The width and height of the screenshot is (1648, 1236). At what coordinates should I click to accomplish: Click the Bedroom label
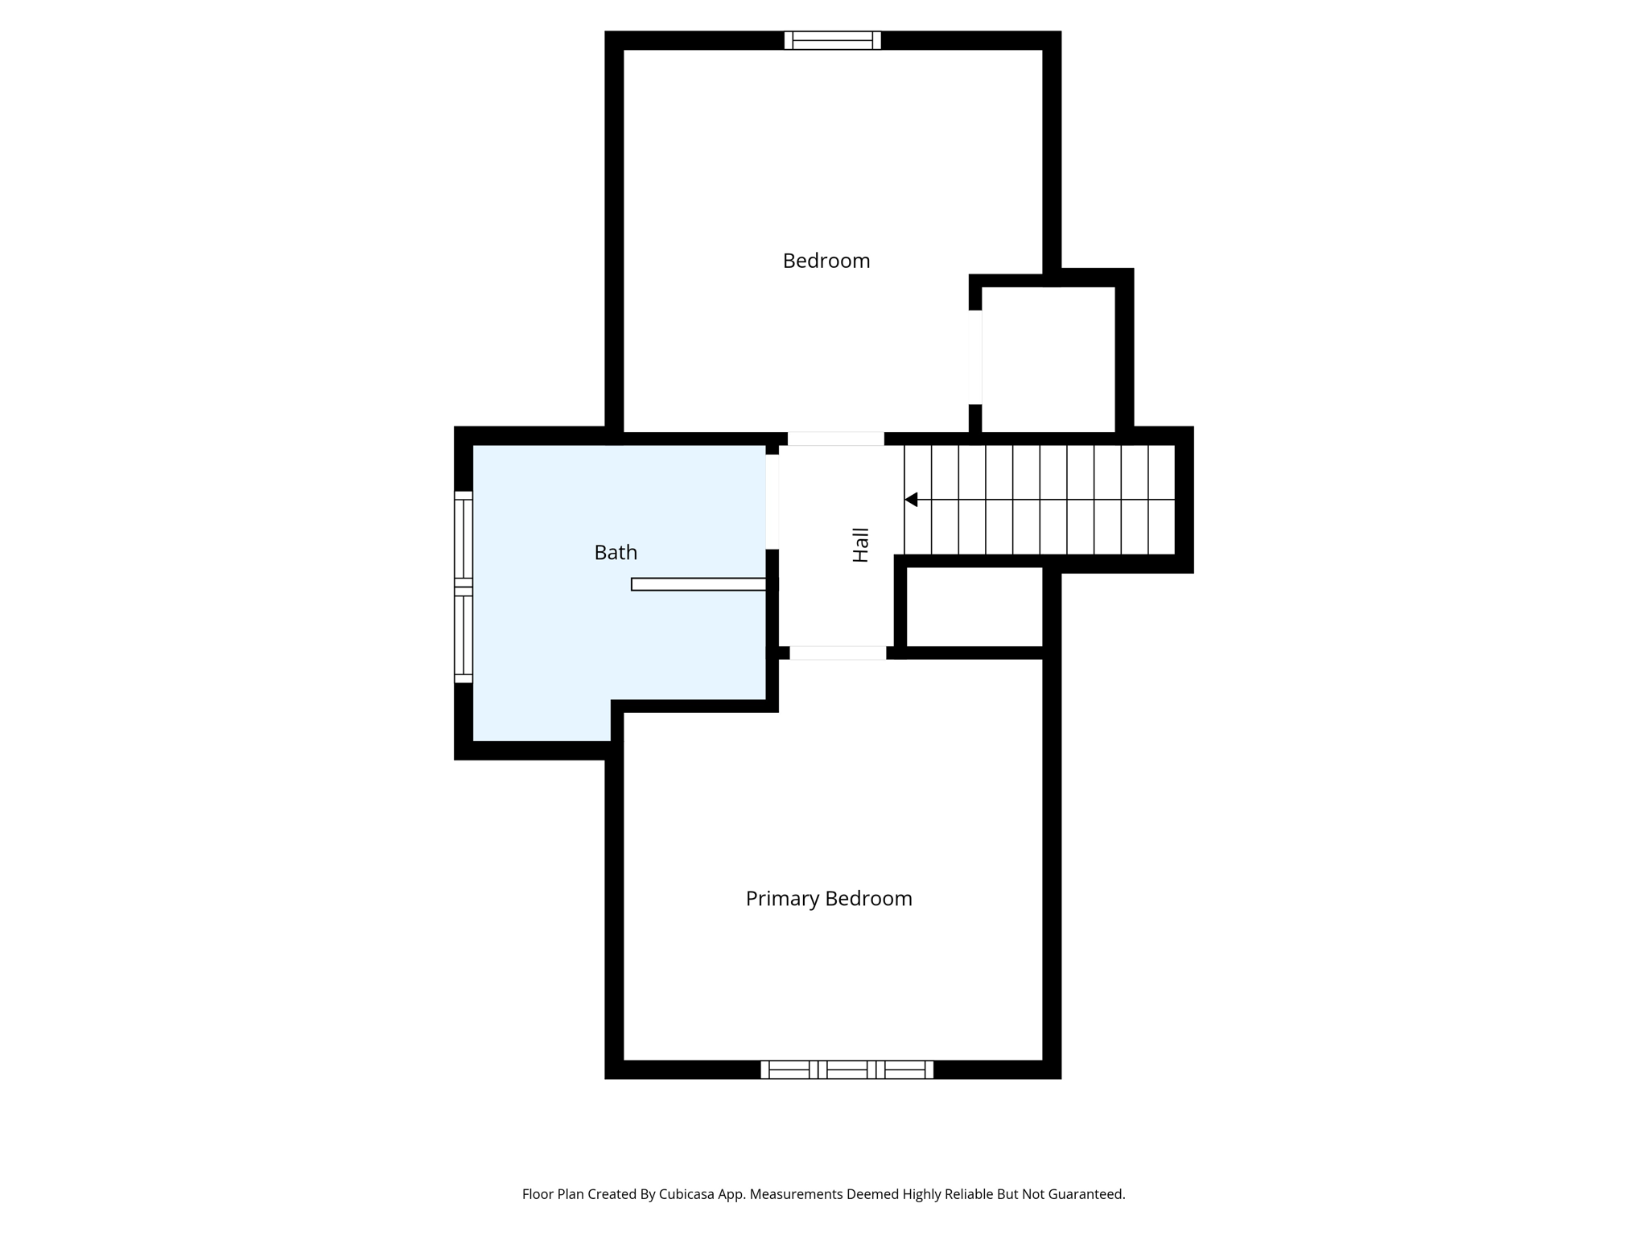pyautogui.click(x=826, y=261)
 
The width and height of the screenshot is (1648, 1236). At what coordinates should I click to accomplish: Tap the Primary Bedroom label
pyautogui.click(x=829, y=899)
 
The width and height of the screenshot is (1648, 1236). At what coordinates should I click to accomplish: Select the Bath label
pyautogui.click(x=616, y=553)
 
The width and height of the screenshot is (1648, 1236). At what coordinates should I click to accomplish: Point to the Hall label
pyautogui.click(x=861, y=545)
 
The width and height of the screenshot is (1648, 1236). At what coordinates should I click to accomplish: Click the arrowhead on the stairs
pyautogui.click(x=911, y=500)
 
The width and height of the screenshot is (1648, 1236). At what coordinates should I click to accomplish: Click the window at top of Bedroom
pyautogui.click(x=833, y=40)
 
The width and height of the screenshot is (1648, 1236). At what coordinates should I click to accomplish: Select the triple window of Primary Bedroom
pyautogui.click(x=847, y=1069)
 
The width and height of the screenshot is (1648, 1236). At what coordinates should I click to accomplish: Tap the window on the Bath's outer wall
pyautogui.click(x=463, y=587)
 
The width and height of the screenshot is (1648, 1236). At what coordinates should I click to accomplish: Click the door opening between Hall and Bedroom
pyautogui.click(x=835, y=439)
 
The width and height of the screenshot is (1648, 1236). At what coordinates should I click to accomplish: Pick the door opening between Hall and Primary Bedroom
pyautogui.click(x=838, y=653)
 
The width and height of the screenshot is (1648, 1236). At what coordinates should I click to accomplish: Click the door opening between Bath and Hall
pyautogui.click(x=772, y=502)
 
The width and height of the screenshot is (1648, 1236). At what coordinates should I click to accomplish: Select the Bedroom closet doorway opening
pyautogui.click(x=975, y=357)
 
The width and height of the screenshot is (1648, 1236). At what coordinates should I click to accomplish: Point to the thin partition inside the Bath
pyautogui.click(x=698, y=584)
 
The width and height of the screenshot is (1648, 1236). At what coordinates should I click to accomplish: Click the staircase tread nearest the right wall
pyautogui.click(x=1161, y=500)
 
